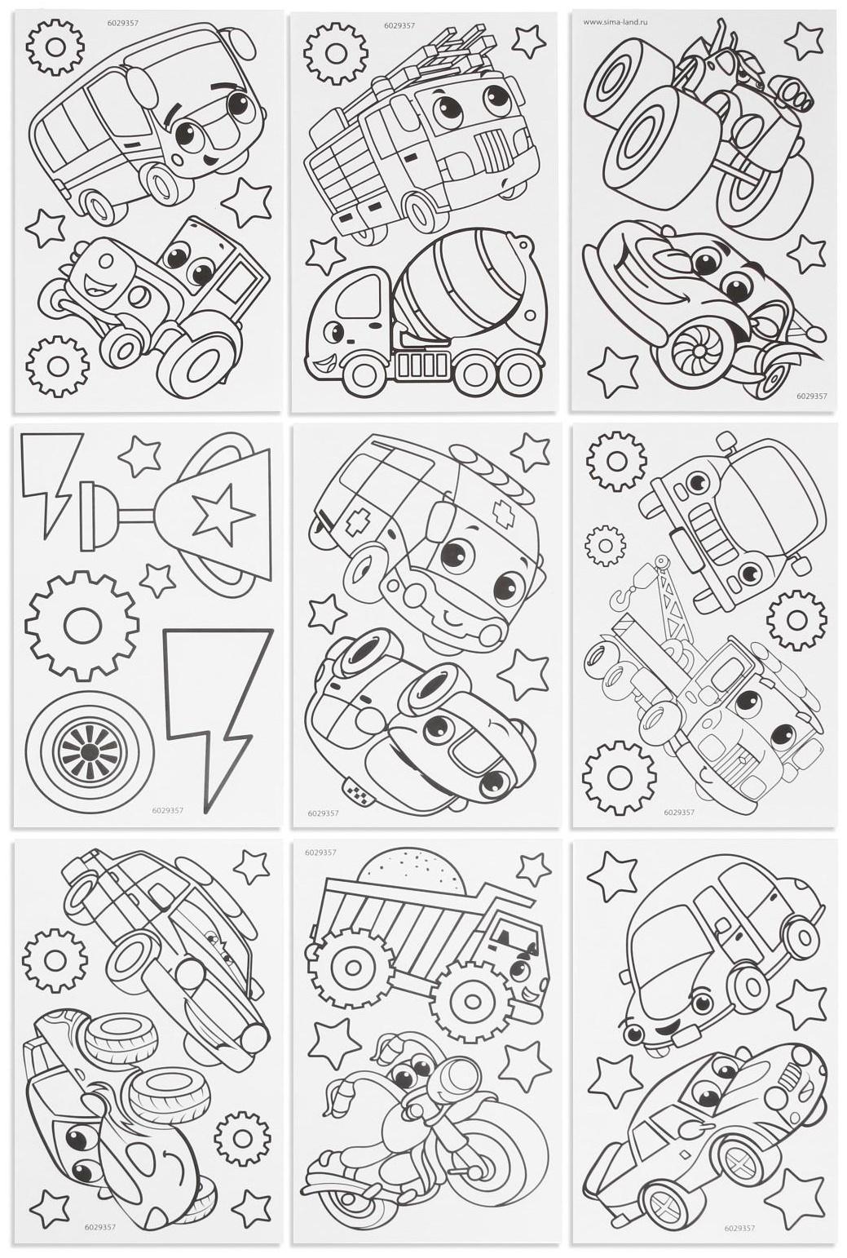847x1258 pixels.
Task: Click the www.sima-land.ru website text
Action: (615, 23)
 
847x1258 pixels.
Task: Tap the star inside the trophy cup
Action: (223, 513)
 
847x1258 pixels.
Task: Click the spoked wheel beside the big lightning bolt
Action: (89, 751)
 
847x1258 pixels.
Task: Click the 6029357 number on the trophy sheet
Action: (168, 811)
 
